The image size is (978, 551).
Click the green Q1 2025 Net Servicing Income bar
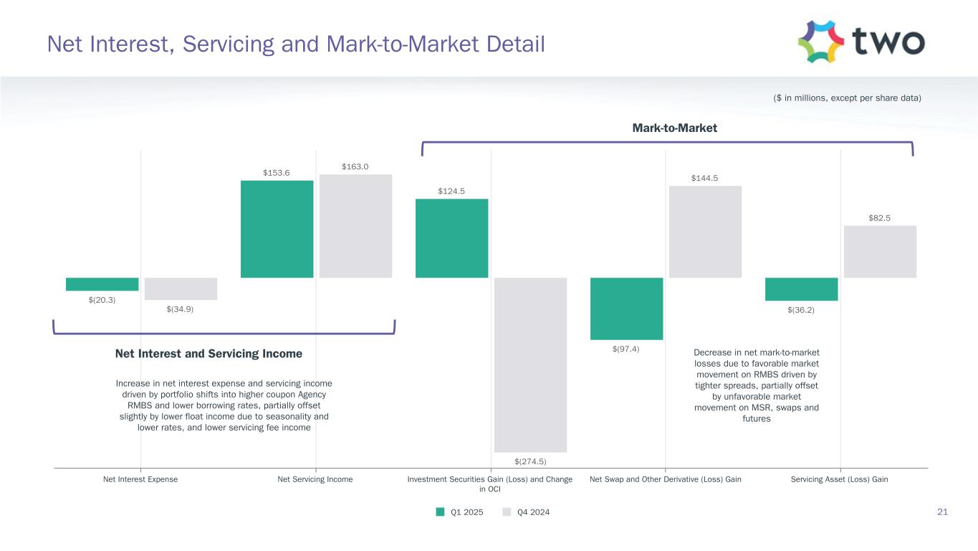coord(277,229)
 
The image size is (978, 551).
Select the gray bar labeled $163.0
coord(355,226)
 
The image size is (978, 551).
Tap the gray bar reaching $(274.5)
coord(530,364)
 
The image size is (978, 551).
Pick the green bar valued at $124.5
coord(451,238)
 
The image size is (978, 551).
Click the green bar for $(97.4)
coord(626,309)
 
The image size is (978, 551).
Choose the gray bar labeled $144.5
coord(705,232)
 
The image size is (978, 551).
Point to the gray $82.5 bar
coord(880,252)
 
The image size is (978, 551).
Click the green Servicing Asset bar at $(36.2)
coord(801,289)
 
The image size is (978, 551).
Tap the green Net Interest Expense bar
coord(102,284)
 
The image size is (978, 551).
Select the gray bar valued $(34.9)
coord(181,288)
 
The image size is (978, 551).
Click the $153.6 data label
coord(277,172)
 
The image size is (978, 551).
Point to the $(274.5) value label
coord(530,461)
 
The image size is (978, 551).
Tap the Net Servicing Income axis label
coord(315,479)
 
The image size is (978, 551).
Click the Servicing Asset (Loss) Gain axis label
coord(840,479)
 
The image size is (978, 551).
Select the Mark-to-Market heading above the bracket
coord(674,128)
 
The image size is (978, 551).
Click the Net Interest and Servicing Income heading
coord(208,354)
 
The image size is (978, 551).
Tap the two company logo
coord(860,42)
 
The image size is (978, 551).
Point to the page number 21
coord(942,512)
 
